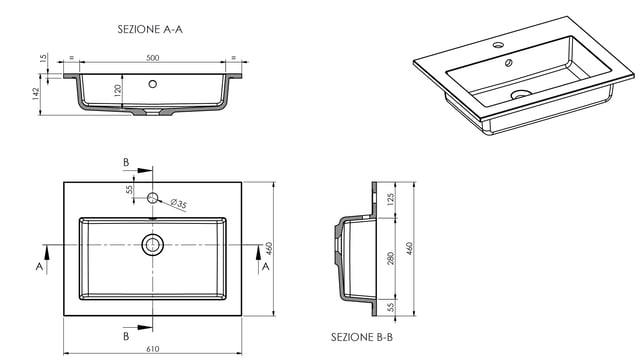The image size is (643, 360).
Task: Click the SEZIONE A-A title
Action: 150,30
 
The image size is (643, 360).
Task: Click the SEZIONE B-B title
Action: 362,337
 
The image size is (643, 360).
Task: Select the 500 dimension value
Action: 153,58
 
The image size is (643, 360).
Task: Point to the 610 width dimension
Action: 152,349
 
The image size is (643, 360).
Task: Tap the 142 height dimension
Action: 36,94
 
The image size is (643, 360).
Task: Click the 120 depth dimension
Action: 118,90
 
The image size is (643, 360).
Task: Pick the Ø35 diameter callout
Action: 178,203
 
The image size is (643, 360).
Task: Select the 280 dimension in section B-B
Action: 390,258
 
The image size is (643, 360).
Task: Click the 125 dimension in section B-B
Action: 390,199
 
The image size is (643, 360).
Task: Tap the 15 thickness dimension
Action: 44,58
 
